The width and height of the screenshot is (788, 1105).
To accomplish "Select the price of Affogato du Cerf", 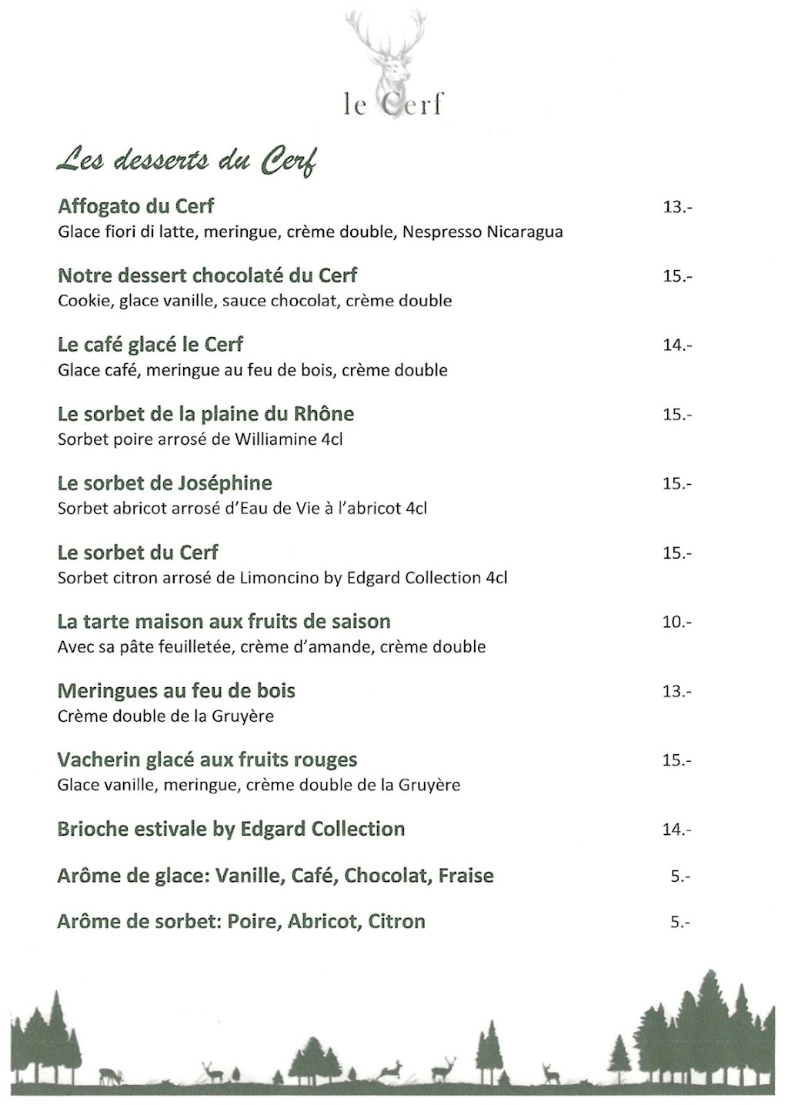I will (x=677, y=207).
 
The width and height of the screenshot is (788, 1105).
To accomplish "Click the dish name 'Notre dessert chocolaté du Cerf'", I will (x=208, y=275).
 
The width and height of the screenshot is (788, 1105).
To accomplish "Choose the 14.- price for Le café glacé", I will (x=677, y=346).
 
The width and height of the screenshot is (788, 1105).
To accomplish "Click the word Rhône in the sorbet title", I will (x=324, y=414).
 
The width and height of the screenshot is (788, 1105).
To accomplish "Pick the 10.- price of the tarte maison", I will (x=677, y=622).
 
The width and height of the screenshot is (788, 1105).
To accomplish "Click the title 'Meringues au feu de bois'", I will (x=176, y=691).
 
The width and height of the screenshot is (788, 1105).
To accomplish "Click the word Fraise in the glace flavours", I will (x=466, y=876).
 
